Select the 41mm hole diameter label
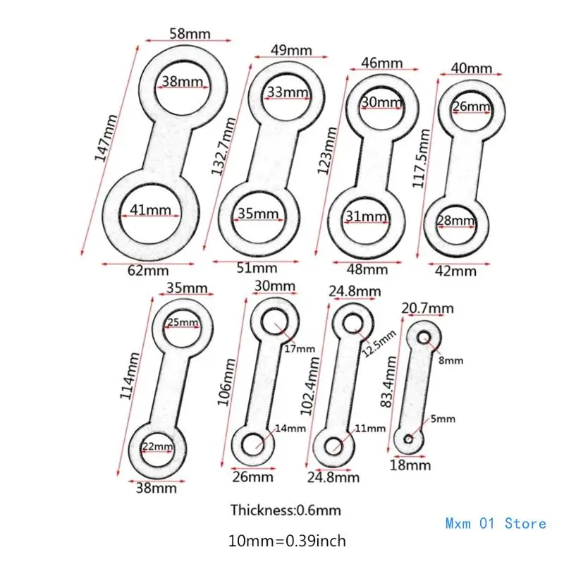(150, 209)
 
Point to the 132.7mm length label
(223, 146)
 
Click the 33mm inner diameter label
(288, 92)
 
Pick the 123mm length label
(327, 150)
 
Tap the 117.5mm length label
(421, 158)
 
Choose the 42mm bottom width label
(455, 271)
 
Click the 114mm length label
(130, 376)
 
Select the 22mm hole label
(157, 446)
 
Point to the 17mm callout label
(300, 348)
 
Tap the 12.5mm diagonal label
(379, 343)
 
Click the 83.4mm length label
(389, 381)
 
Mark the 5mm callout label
(443, 419)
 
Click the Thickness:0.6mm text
(286, 510)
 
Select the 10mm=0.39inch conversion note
(287, 541)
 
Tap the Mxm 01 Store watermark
(496, 523)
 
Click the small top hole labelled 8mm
(424, 338)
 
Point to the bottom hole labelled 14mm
(252, 445)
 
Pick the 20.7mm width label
(427, 308)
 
